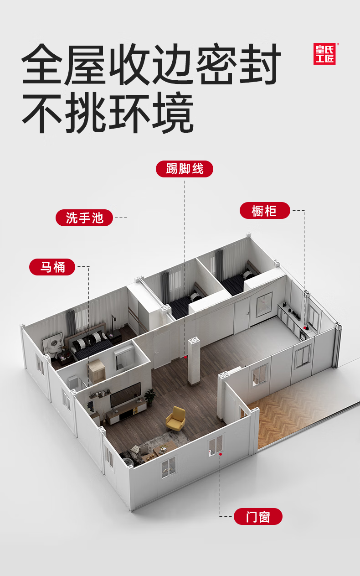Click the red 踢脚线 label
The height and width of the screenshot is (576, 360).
point(185,169)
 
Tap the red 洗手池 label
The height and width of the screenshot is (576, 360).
point(85,218)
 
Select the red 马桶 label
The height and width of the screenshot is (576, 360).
point(52,267)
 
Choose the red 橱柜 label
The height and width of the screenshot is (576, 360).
point(265,211)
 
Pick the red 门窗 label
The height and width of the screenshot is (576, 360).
point(258,517)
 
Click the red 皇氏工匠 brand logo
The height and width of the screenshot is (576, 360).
point(324,54)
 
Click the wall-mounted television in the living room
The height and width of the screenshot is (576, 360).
point(125,395)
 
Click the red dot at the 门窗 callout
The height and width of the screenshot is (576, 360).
point(221,454)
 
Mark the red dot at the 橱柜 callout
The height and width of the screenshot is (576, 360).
point(304,328)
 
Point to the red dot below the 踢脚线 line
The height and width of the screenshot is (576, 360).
point(185,357)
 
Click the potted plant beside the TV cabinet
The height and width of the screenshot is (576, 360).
point(149,396)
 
